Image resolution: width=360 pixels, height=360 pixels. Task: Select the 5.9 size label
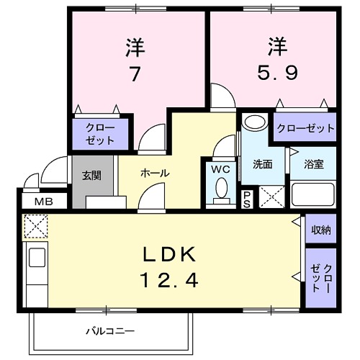coord(277,72)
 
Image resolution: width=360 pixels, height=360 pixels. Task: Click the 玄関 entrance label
coord(91,174)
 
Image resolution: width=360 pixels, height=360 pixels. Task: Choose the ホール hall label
coord(154,174)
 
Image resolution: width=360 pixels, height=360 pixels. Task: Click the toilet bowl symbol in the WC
coord(221,190)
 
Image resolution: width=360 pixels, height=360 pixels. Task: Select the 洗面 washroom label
coord(262,163)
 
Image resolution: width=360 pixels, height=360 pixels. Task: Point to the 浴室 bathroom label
coord(313,163)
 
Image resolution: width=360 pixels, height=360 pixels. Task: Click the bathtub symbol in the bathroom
coord(313,194)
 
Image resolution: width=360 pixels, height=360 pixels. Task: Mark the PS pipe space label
coord(246,197)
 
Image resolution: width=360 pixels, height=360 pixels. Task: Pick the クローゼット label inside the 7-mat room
coord(99,133)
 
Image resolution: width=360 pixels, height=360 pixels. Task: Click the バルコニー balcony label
coord(110,331)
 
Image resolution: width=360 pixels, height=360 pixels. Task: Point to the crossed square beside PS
coord(271,196)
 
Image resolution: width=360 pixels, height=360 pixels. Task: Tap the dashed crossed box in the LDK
coord(35,227)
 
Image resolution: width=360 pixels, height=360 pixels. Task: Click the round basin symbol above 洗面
coord(253,122)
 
